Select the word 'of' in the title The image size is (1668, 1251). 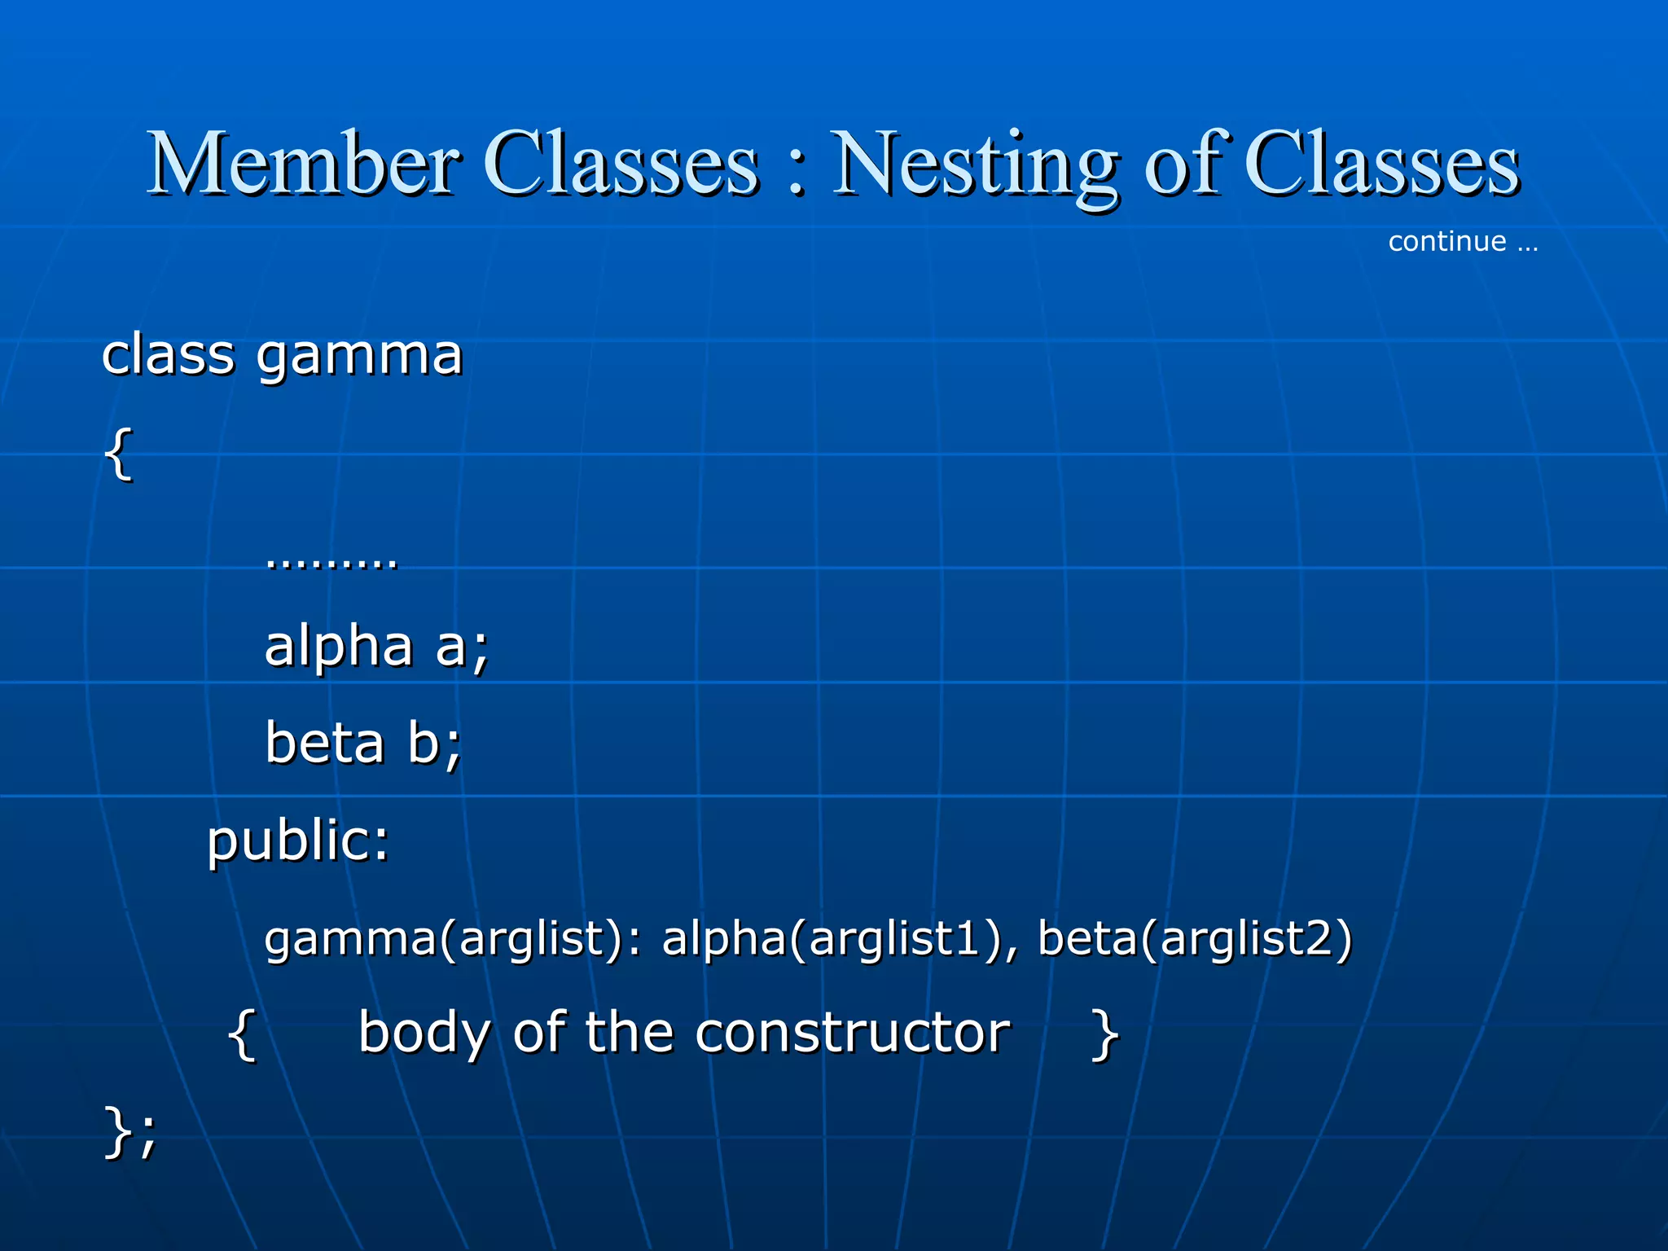click(x=1187, y=165)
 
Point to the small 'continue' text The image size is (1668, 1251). click(x=1446, y=242)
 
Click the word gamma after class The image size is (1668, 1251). click(x=359, y=356)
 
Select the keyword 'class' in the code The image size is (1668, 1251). click(x=168, y=356)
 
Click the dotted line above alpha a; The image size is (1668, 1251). click(x=331, y=562)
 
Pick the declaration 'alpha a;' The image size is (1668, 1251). click(x=376, y=646)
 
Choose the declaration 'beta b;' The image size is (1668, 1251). click(x=363, y=743)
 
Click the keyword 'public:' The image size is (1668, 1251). click(x=298, y=841)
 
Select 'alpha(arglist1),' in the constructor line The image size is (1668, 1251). click(x=840, y=938)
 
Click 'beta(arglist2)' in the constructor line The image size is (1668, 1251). click(x=1195, y=938)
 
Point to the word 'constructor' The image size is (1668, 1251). click(x=852, y=1033)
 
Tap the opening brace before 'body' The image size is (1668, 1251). click(x=242, y=1034)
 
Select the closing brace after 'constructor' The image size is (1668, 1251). click(x=1104, y=1034)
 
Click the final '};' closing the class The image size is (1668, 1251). click(x=130, y=1132)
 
